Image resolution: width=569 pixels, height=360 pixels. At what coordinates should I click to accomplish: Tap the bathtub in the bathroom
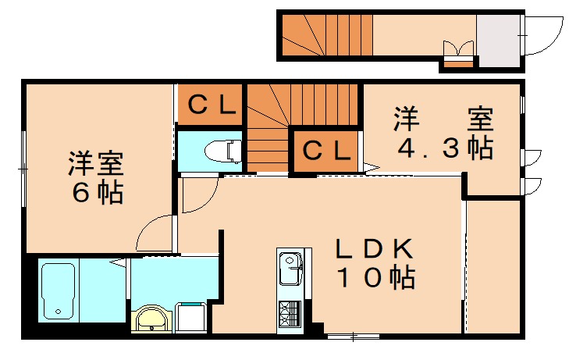coord(58,290)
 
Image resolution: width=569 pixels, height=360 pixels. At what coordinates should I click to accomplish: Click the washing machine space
coord(192,317)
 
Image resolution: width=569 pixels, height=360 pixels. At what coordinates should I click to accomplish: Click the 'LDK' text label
coord(374,249)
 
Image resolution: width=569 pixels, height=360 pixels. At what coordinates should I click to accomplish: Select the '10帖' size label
coord(375,278)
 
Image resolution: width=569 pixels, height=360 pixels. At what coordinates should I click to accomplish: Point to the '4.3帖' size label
coord(445,148)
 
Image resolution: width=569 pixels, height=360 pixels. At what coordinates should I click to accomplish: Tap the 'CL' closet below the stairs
coord(326,151)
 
